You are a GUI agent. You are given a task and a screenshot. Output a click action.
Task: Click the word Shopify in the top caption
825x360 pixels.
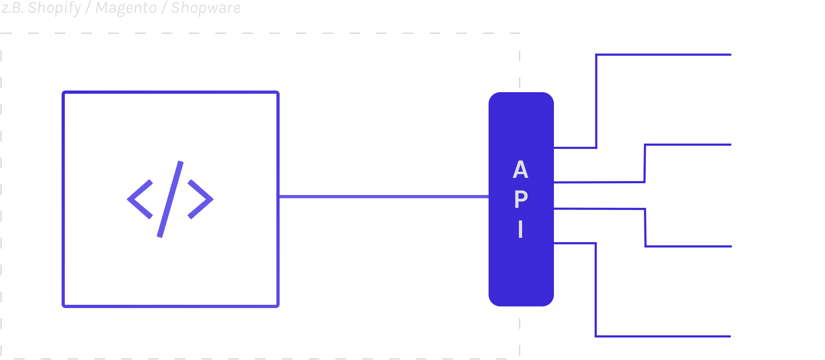pos(55,8)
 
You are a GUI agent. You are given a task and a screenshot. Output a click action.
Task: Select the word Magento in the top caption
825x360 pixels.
pos(126,8)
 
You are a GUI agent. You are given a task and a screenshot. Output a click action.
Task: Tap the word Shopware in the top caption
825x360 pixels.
pos(206,8)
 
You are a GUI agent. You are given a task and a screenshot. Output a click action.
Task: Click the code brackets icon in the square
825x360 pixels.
pos(170,199)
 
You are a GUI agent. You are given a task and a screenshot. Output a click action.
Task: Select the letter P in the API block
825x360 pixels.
pos(521,199)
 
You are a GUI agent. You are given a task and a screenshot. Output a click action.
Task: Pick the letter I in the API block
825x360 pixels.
pos(521,229)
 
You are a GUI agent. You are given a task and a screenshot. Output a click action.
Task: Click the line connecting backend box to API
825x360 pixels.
pos(384,196)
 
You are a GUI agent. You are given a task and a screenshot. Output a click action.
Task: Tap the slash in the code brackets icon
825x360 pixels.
pos(170,199)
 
